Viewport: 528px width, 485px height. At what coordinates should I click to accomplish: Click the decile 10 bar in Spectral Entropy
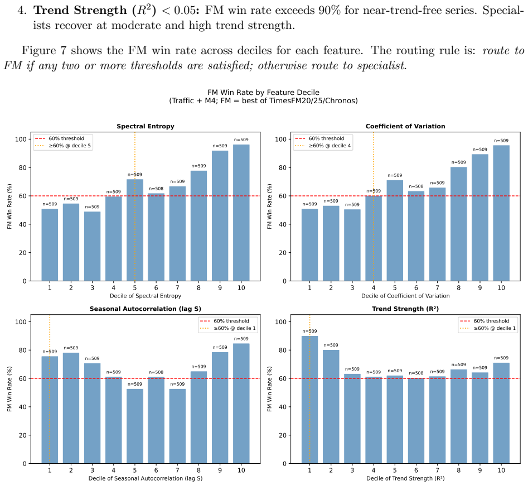click(x=241, y=213)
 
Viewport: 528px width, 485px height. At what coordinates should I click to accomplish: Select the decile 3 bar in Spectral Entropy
click(x=92, y=246)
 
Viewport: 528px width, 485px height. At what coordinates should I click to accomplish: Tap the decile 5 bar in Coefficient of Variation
click(x=395, y=231)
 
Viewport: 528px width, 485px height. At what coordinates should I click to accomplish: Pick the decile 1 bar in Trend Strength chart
click(x=309, y=400)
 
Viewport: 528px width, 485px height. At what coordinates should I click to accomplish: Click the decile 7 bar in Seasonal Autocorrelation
click(x=177, y=426)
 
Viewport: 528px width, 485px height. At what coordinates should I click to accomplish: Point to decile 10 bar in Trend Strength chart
click(x=501, y=413)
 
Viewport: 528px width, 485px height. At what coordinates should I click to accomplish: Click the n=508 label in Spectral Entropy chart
click(x=156, y=189)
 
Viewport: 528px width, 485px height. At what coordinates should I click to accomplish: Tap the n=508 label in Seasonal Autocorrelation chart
click(x=156, y=372)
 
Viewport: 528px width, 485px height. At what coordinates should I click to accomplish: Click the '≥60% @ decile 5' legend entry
click(x=63, y=146)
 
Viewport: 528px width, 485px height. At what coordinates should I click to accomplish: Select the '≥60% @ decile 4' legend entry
click(x=323, y=146)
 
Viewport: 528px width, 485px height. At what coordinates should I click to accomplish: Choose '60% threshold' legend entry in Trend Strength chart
click(x=484, y=321)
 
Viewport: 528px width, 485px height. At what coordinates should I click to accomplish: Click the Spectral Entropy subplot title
click(x=146, y=126)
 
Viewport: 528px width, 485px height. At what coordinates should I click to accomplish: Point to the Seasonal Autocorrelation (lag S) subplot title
click(x=146, y=309)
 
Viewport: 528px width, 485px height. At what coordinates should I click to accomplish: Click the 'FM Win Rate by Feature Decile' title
click(x=263, y=92)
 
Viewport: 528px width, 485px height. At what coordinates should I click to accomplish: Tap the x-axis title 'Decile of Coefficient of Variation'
click(x=405, y=296)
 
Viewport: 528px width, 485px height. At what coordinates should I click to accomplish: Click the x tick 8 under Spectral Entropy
click(x=198, y=288)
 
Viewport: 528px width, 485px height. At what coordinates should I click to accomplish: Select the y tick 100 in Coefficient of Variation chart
click(x=281, y=139)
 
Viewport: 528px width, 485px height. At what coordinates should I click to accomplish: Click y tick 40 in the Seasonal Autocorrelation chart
click(x=22, y=407)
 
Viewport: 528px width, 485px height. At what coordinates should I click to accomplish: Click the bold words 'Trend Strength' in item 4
click(x=80, y=11)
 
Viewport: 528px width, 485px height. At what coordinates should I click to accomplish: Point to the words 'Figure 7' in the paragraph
click(x=43, y=51)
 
